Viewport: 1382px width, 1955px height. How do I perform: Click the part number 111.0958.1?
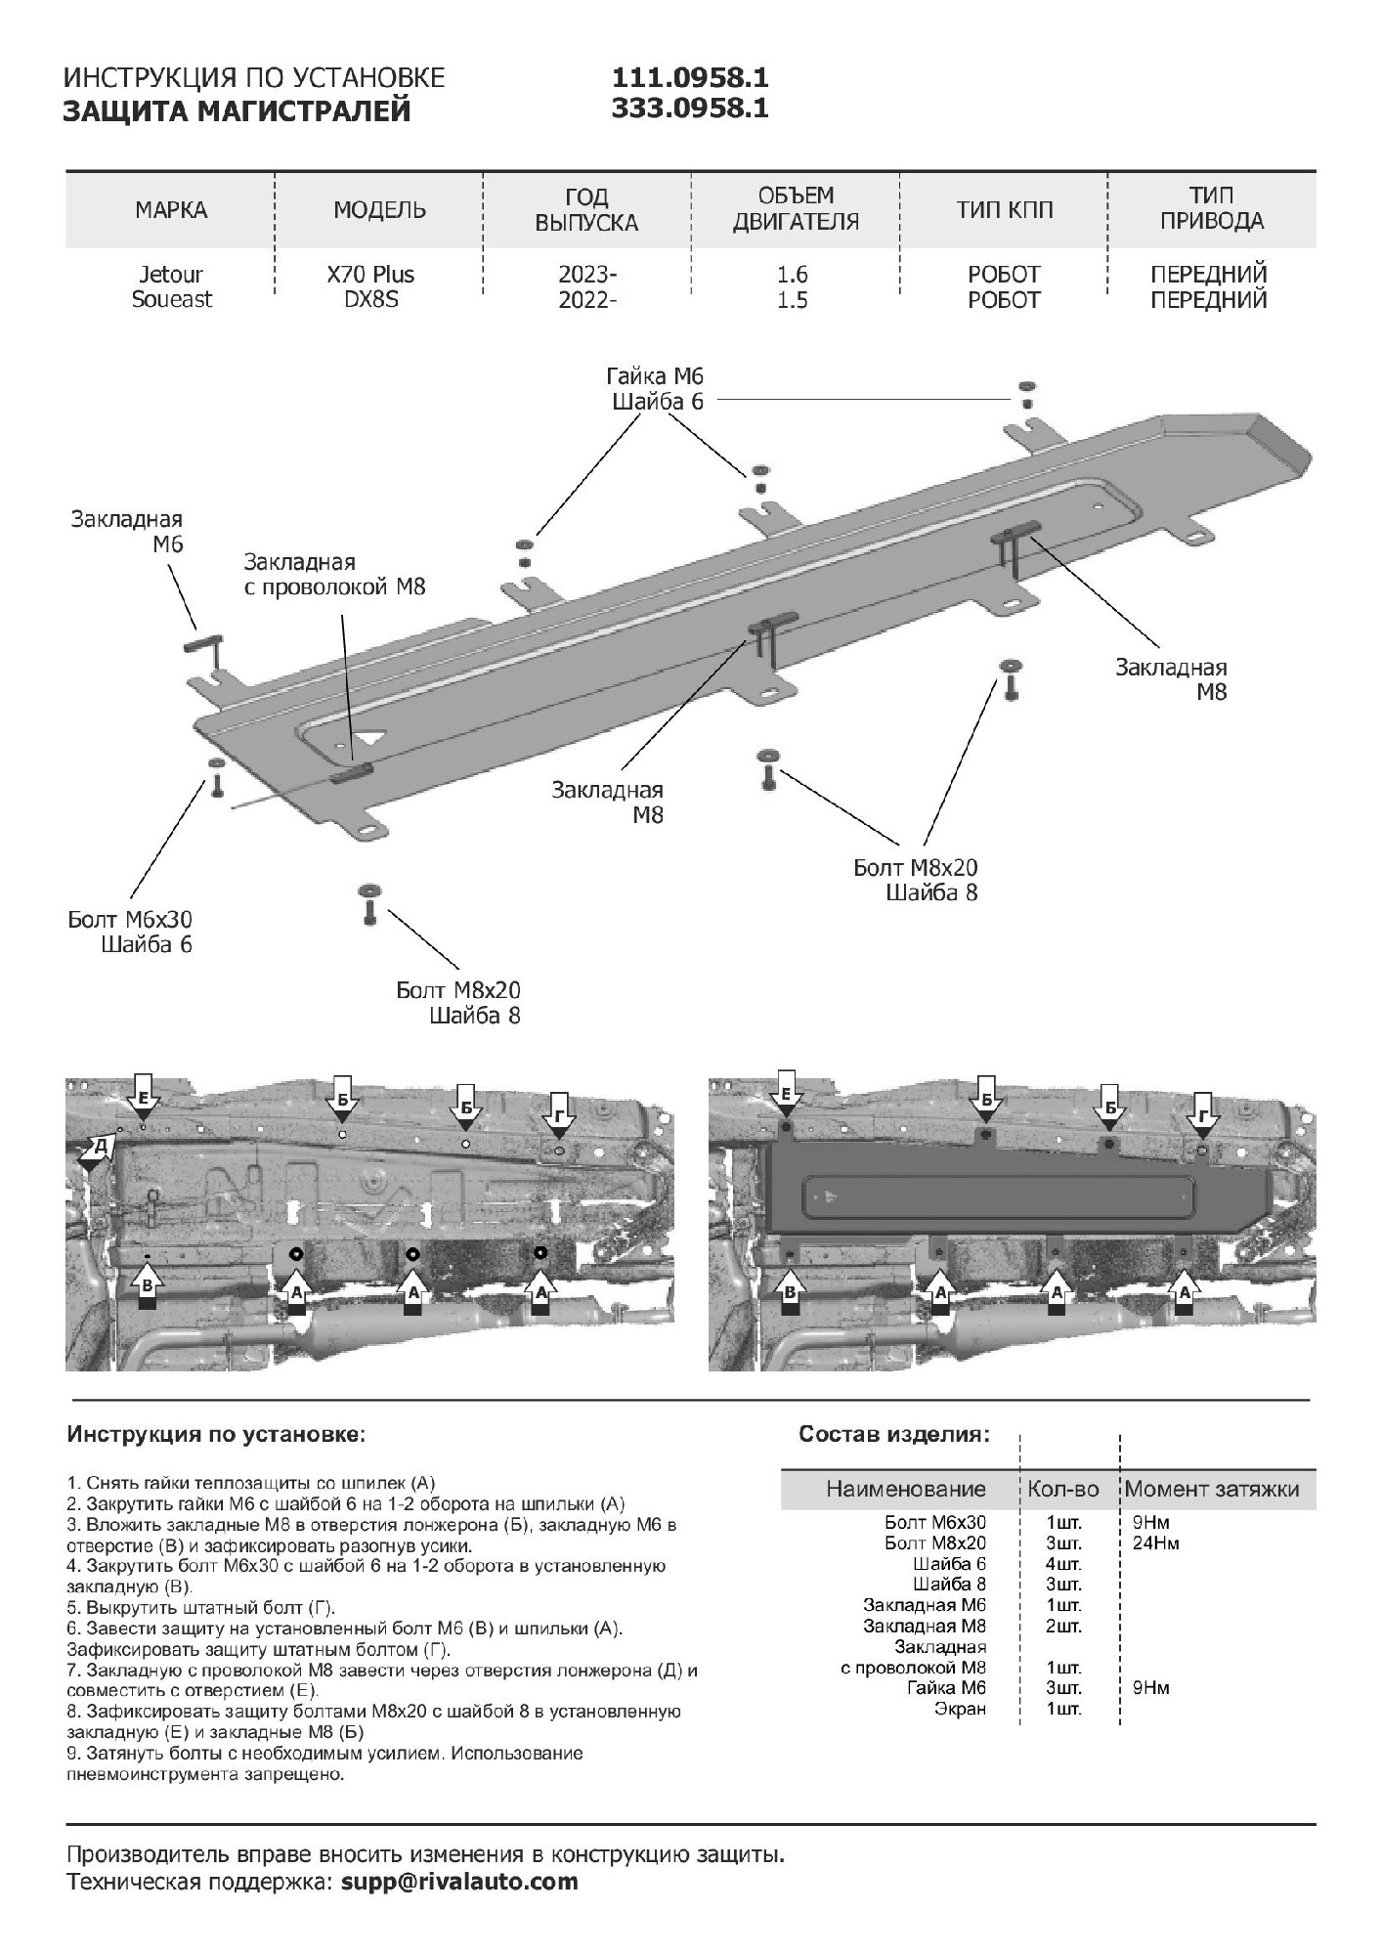(x=690, y=77)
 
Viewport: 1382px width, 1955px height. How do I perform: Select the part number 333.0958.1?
(x=690, y=109)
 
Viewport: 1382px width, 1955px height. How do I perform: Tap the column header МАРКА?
(x=171, y=210)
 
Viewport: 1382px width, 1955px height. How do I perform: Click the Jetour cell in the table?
(x=171, y=275)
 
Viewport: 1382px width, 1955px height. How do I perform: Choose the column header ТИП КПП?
(x=1004, y=210)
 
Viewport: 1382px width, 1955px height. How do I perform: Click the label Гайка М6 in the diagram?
(x=654, y=376)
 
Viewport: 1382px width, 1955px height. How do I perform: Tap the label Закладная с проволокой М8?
(x=334, y=575)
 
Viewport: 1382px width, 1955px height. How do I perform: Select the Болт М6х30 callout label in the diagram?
(x=130, y=920)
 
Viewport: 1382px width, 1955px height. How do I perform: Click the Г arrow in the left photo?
(x=559, y=1118)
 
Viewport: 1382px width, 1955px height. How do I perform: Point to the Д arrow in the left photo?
(x=96, y=1151)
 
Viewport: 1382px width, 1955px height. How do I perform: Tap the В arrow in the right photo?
(x=791, y=1289)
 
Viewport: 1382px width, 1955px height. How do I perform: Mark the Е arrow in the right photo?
(x=786, y=1099)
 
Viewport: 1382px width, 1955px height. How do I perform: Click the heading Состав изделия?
(x=893, y=1434)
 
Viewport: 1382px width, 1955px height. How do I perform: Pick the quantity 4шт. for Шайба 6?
(x=1063, y=1564)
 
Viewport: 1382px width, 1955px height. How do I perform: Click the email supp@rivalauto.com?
(x=459, y=1882)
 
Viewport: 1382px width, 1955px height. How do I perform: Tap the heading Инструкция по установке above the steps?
(x=216, y=1434)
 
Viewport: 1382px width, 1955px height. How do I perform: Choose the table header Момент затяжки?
(x=1212, y=1489)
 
